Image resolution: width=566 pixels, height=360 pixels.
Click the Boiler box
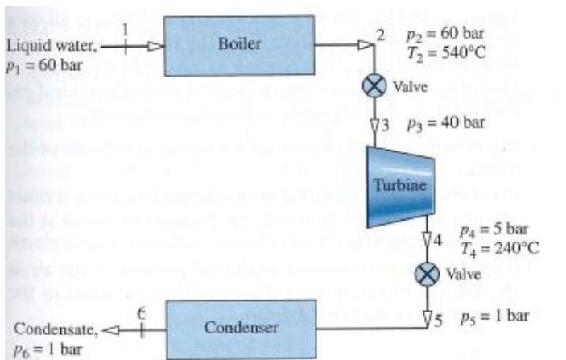tap(238, 45)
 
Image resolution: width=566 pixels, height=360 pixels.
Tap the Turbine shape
tap(400, 186)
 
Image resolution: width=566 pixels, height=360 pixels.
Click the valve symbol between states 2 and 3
tap(373, 87)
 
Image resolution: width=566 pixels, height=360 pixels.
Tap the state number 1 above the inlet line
tap(125, 28)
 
